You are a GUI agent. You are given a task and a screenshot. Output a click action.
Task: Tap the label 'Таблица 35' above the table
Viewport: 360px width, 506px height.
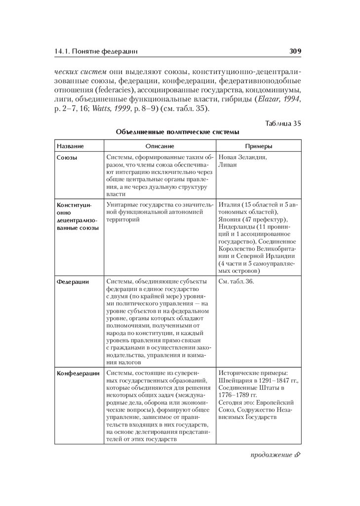[x=283, y=123]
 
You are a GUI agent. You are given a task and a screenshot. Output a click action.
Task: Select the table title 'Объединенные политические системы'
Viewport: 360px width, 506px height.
[x=177, y=132]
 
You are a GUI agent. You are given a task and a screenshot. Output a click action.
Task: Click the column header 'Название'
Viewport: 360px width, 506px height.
[x=70, y=146]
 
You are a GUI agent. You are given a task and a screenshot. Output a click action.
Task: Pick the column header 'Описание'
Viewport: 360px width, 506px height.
[x=160, y=146]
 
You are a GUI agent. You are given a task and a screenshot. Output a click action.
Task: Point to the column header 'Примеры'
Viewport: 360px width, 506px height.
[x=259, y=146]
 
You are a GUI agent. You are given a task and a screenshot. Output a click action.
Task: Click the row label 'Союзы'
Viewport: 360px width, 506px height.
[x=67, y=158]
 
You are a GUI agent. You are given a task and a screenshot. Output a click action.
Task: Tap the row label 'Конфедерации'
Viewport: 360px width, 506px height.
[x=78, y=374]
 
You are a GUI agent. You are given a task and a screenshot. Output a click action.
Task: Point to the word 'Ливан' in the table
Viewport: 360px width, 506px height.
[x=227, y=165]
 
